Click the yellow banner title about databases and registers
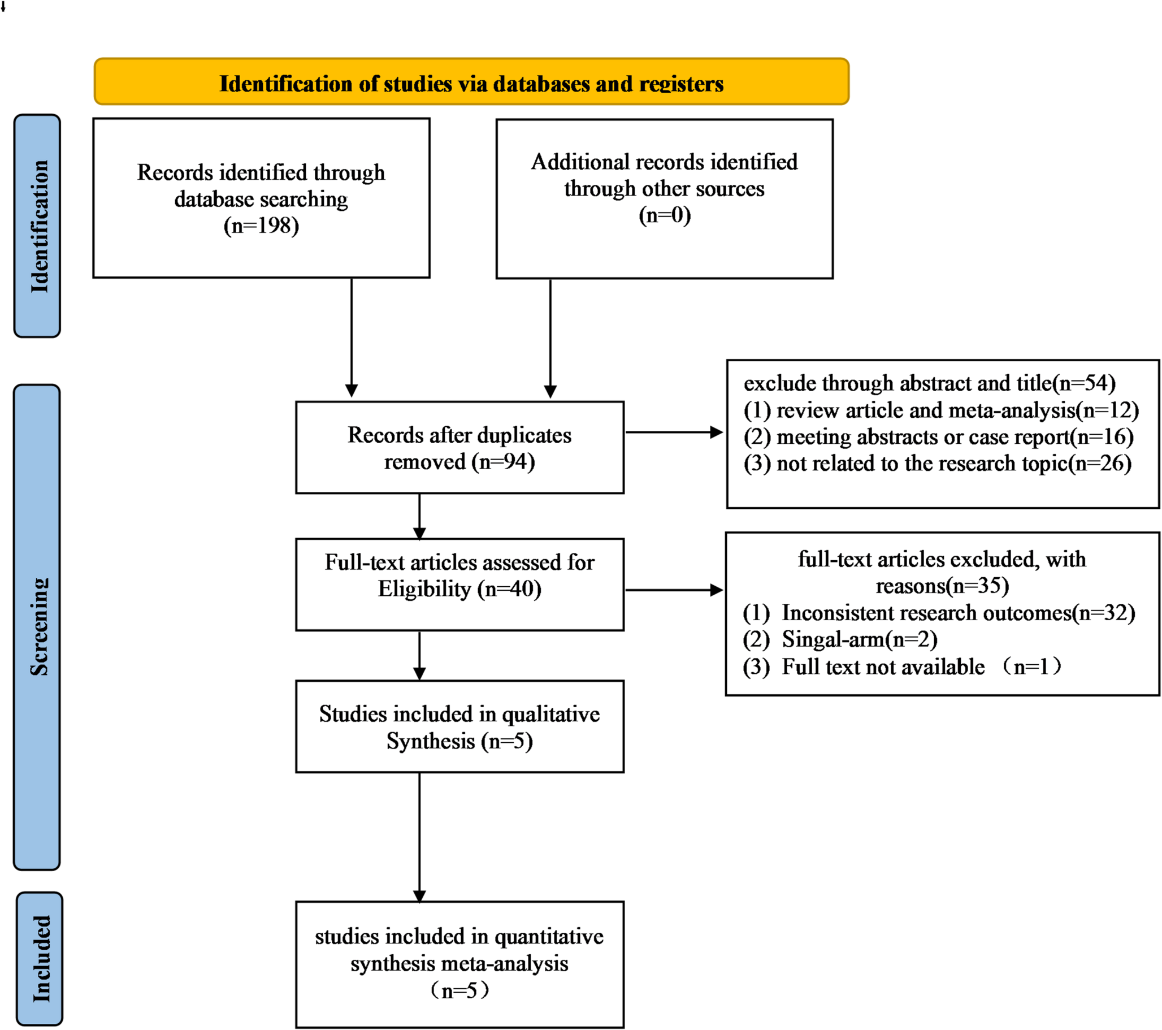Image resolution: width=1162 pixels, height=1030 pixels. pos(471,84)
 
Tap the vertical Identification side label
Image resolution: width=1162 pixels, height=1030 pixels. pos(38,226)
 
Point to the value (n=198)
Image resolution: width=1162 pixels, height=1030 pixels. pos(261,226)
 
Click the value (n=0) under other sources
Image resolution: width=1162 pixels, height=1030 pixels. pos(664,215)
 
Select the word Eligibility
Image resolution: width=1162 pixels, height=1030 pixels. pos(424,589)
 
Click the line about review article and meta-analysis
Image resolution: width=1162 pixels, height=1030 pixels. pos(941,410)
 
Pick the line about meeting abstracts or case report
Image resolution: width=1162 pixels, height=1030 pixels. pos(938,437)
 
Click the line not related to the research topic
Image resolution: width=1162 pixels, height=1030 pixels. pos(937,464)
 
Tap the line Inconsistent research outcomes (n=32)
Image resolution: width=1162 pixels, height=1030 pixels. pos(939,613)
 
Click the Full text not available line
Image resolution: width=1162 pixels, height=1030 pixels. pos(901,667)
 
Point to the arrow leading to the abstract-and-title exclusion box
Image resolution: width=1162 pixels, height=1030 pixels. pos(674,433)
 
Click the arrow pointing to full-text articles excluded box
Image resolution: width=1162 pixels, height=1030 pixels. pos(674,590)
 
